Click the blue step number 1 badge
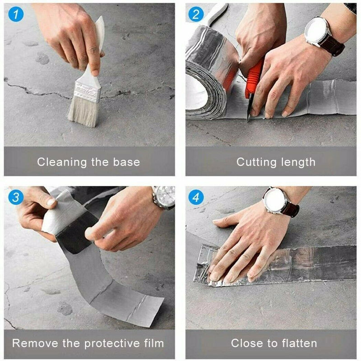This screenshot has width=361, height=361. coord(15,14)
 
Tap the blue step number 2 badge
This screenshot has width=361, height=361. coord(195,14)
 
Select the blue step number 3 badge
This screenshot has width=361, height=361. coord(15,197)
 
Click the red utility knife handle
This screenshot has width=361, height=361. coord(254,77)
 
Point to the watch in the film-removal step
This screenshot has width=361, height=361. coord(164,197)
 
